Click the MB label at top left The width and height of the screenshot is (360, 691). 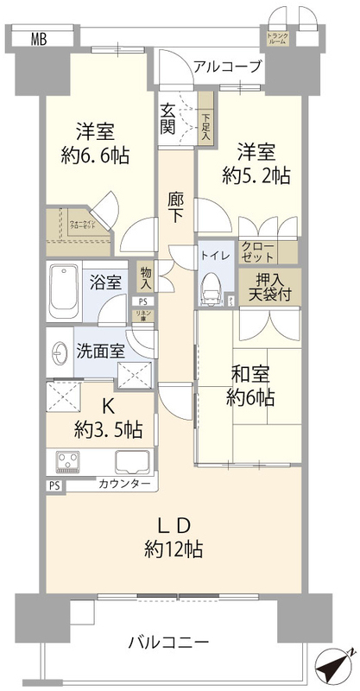[39, 37]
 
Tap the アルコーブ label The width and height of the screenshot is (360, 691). [227, 65]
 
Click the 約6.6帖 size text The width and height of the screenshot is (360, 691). [95, 155]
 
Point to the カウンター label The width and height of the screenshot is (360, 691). [124, 485]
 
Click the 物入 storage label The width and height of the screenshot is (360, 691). [146, 277]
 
